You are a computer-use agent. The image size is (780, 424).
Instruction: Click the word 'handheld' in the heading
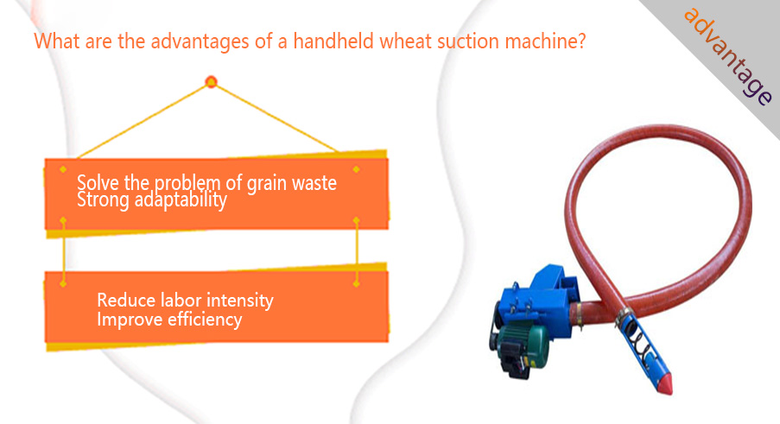333,41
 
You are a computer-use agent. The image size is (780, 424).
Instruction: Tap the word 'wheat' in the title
405,41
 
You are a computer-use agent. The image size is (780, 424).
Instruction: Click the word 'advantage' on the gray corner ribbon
728,55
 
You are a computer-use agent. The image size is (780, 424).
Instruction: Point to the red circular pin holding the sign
211,81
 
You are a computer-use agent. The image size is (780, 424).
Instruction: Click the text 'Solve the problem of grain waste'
206,183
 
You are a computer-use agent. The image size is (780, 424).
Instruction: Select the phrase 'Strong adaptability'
152,199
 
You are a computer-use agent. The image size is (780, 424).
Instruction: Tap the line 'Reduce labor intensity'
185,301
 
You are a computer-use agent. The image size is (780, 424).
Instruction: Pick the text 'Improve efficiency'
169,320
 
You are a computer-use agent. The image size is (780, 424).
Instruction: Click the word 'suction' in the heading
468,41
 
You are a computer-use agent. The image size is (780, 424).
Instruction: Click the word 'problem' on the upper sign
187,184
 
